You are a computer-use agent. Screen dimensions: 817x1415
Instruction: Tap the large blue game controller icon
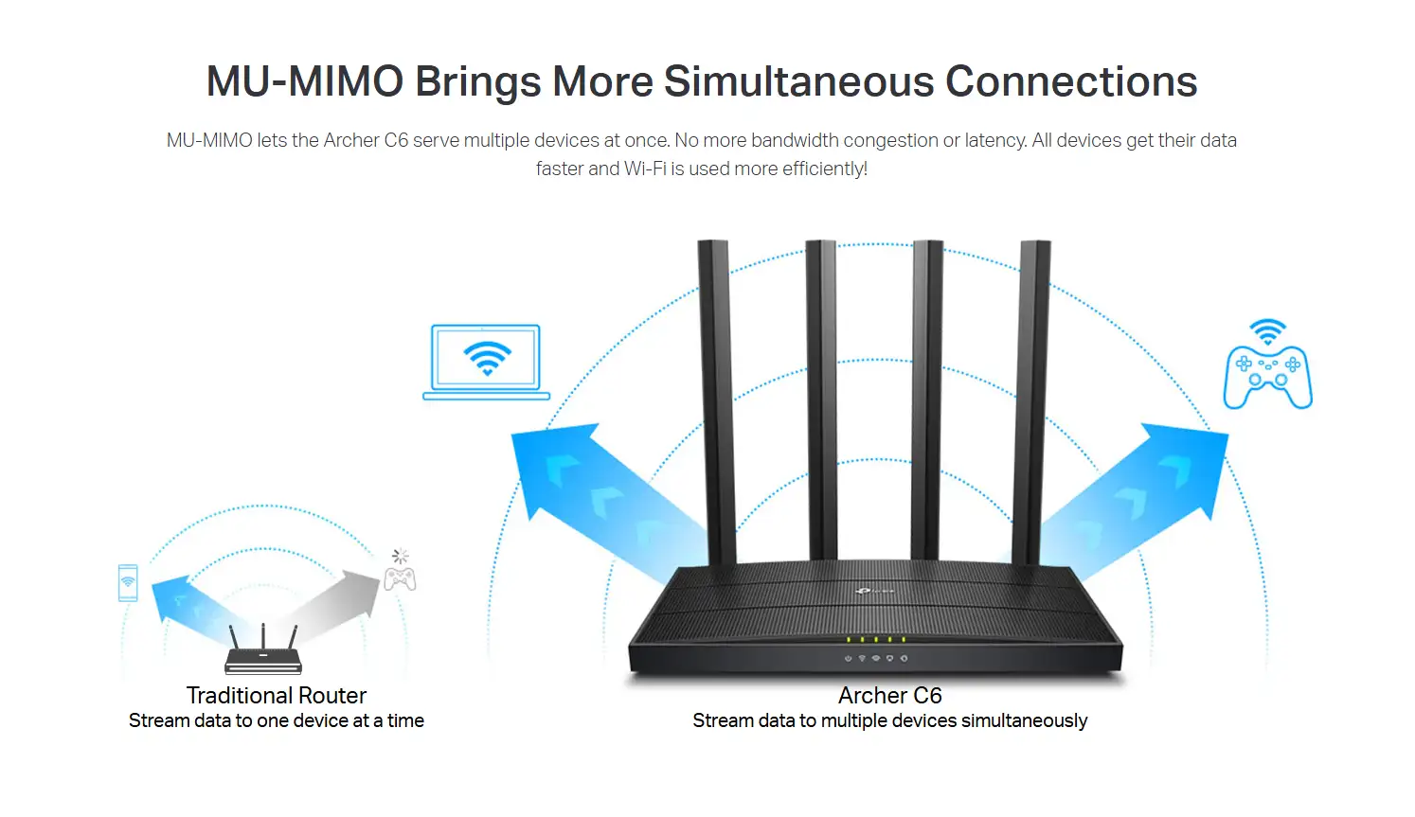[1267, 377]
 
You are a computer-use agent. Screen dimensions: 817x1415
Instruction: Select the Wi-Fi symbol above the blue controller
[1267, 331]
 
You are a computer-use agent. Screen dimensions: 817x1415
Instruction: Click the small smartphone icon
[128, 582]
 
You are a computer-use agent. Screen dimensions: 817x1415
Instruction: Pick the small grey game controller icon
[400, 577]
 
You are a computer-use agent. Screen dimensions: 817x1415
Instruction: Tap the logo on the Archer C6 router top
[873, 591]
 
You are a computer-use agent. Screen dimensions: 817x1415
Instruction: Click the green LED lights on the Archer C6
[876, 640]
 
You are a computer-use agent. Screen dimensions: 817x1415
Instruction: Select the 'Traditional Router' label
[277, 696]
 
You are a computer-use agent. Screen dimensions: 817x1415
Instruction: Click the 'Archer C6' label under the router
[890, 696]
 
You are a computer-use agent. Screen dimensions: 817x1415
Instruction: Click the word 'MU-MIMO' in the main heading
[305, 81]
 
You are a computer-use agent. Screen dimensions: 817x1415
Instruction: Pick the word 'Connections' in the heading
[1071, 81]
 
